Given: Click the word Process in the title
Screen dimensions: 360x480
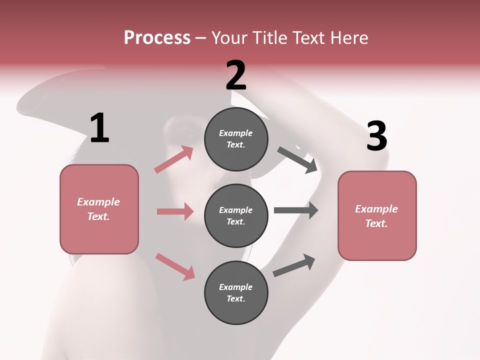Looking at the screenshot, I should pyautogui.click(x=157, y=38).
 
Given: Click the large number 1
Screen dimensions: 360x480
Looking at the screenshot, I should pyautogui.click(x=99, y=128).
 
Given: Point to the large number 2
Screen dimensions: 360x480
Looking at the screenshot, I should pyautogui.click(x=236, y=76).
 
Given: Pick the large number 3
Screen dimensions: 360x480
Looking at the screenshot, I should pyautogui.click(x=376, y=136).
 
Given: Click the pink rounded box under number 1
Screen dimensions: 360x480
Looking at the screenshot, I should pyautogui.click(x=99, y=209).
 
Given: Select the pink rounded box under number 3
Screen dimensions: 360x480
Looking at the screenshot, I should pyautogui.click(x=377, y=215).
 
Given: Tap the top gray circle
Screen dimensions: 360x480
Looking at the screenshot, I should pyautogui.click(x=236, y=139).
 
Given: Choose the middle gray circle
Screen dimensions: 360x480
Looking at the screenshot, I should pyautogui.click(x=236, y=215).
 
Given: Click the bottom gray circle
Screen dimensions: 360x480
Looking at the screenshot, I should pyautogui.click(x=236, y=292).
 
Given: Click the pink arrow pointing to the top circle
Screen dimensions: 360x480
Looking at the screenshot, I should pyautogui.click(x=174, y=159).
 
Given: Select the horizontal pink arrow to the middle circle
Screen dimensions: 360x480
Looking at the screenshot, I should pyautogui.click(x=175, y=211).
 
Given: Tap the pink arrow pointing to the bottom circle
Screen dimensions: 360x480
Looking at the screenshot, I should pyautogui.click(x=175, y=266).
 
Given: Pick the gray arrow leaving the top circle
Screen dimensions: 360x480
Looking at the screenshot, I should pyautogui.click(x=297, y=159).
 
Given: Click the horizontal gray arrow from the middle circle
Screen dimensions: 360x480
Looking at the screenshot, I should pyautogui.click(x=295, y=210).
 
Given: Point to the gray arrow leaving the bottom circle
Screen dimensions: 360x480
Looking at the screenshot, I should pyautogui.click(x=294, y=265).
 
